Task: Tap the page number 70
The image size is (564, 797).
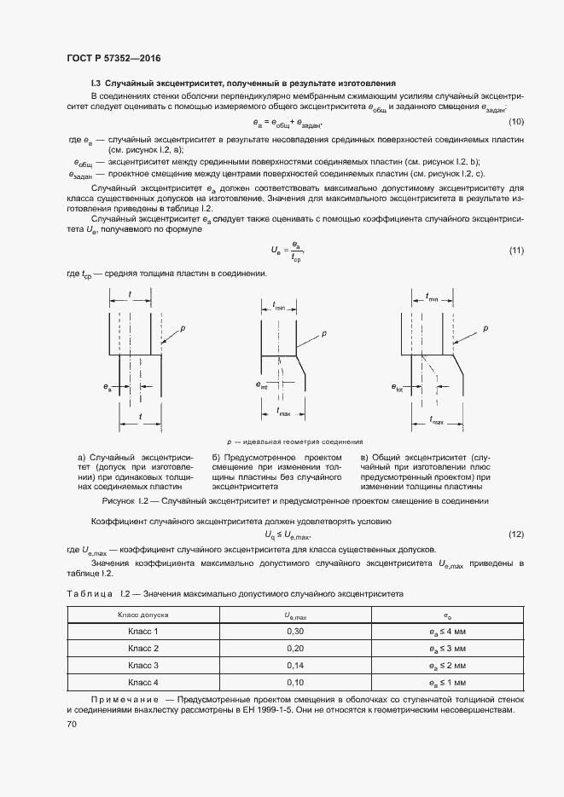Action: click(x=72, y=724)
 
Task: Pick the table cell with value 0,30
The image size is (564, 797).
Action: click(x=294, y=631)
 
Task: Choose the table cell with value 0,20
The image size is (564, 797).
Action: click(x=294, y=648)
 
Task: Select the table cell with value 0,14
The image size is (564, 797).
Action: click(x=294, y=665)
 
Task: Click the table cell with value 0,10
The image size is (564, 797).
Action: click(x=294, y=682)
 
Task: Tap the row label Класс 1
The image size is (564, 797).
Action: click(x=142, y=631)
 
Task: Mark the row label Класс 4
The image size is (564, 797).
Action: click(x=142, y=682)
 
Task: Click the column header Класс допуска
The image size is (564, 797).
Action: click(x=142, y=614)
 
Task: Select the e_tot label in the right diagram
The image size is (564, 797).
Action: click(x=398, y=389)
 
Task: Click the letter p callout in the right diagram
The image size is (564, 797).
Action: click(x=486, y=328)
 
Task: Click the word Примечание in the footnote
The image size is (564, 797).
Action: click(x=119, y=700)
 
